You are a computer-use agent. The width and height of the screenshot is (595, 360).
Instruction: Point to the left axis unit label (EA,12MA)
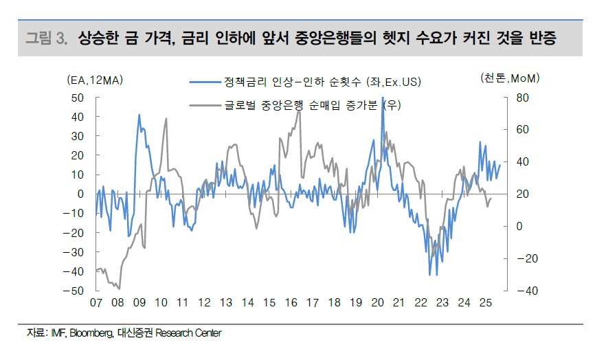pos(95,80)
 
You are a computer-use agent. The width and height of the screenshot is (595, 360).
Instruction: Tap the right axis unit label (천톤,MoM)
pos(510,79)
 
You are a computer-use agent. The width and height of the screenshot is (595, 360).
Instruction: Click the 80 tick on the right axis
pos(522,98)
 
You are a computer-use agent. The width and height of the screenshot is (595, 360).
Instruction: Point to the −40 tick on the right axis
pos(519,291)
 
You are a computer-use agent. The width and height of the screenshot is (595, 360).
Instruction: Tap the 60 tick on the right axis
pos(522,130)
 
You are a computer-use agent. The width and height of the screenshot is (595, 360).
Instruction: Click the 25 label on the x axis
pos(485,302)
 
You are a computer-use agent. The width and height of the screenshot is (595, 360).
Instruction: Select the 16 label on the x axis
pos(291,302)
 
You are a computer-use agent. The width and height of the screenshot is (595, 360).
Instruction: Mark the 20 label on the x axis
pos(377,302)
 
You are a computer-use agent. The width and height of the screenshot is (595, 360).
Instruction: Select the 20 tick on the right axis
pos(522,194)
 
